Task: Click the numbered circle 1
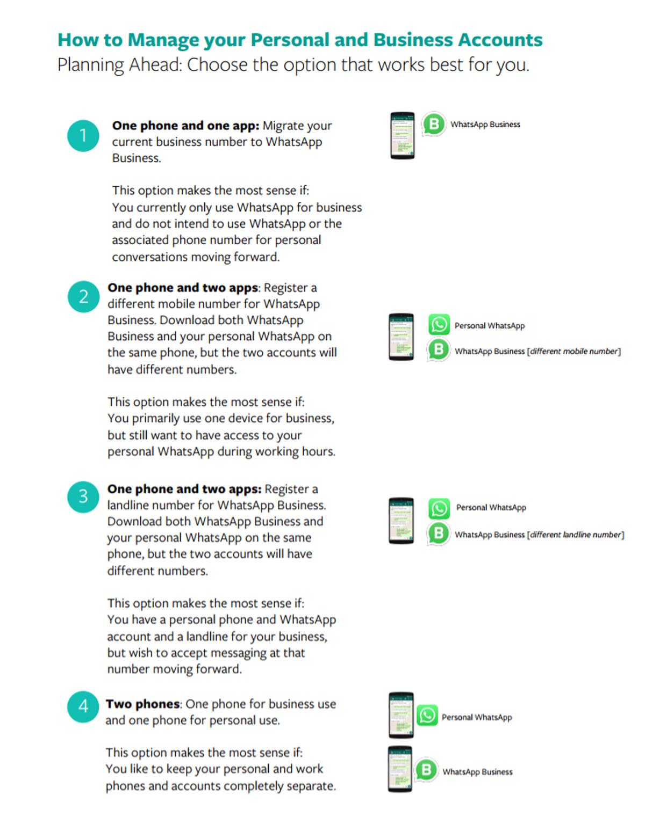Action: (x=83, y=136)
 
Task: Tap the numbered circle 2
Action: (x=83, y=297)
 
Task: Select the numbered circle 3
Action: (x=83, y=497)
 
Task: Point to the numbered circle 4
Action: (x=83, y=706)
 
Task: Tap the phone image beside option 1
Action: (x=402, y=136)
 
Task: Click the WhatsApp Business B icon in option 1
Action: (x=433, y=124)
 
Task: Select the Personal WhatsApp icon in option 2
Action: (x=439, y=325)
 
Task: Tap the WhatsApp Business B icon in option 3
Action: (x=438, y=534)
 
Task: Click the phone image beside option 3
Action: (x=402, y=521)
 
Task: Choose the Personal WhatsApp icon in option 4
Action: (x=427, y=715)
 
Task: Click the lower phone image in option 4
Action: (x=400, y=769)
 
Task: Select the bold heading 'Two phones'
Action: (x=142, y=704)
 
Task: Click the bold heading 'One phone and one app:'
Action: (x=185, y=126)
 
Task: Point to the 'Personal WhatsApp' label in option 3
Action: (x=491, y=507)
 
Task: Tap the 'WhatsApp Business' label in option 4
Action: (x=477, y=771)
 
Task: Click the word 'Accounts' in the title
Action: (x=500, y=40)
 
